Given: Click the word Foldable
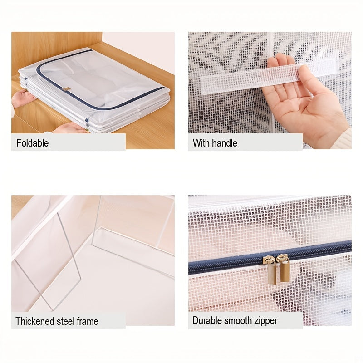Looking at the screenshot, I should [x=32, y=143].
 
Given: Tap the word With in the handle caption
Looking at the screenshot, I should [x=201, y=143].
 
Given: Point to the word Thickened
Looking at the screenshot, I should [x=34, y=321].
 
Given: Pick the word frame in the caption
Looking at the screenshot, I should [x=88, y=321].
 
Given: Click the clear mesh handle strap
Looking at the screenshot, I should [x=254, y=78].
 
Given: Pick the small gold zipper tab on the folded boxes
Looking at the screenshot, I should [x=67, y=89].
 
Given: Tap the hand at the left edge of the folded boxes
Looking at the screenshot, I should [x=23, y=98].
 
